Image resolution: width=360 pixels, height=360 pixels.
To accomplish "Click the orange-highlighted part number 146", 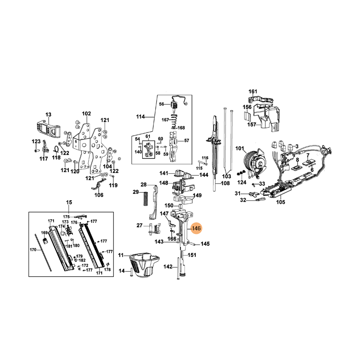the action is [x=196, y=229].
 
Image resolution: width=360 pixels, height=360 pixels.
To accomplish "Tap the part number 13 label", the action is [x=49, y=114].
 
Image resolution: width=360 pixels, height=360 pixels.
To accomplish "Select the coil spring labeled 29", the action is [x=145, y=199].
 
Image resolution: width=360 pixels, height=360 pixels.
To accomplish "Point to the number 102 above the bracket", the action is [x=86, y=114].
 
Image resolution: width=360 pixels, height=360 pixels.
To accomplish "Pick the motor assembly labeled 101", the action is [x=255, y=162].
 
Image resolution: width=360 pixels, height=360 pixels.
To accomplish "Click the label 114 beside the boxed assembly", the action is [x=140, y=117].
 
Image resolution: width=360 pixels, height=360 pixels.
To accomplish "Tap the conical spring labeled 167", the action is [x=175, y=120].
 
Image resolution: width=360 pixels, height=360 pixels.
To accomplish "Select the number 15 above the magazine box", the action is [x=69, y=202].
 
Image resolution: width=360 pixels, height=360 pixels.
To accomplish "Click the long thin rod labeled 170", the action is [x=43, y=253].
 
